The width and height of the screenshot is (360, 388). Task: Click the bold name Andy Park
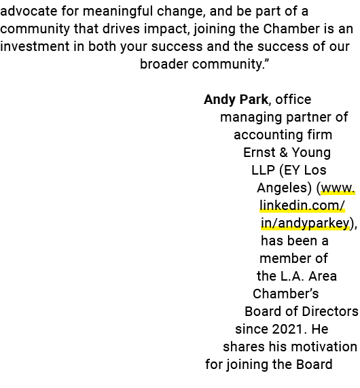tap(236, 99)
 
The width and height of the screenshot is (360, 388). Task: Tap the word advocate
tap(29, 11)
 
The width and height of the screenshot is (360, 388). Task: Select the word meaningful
tap(118, 12)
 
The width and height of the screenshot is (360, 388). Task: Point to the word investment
tap(35, 46)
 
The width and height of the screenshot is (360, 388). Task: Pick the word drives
tap(121, 29)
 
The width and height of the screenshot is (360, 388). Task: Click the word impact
tap(166, 29)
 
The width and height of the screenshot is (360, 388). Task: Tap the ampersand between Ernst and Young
tap(283, 152)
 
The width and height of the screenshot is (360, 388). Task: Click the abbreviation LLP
tap(263, 171)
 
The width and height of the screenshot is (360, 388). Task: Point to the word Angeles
tap(284, 188)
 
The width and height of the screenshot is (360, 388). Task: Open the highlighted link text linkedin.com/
tap(302, 205)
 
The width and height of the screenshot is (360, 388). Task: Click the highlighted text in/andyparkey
tap(305, 224)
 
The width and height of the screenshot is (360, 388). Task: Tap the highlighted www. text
tap(338, 188)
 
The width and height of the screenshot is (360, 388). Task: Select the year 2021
tap(287, 330)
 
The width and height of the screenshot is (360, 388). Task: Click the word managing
tap(251, 118)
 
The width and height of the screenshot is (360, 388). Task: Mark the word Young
tap(311, 153)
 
